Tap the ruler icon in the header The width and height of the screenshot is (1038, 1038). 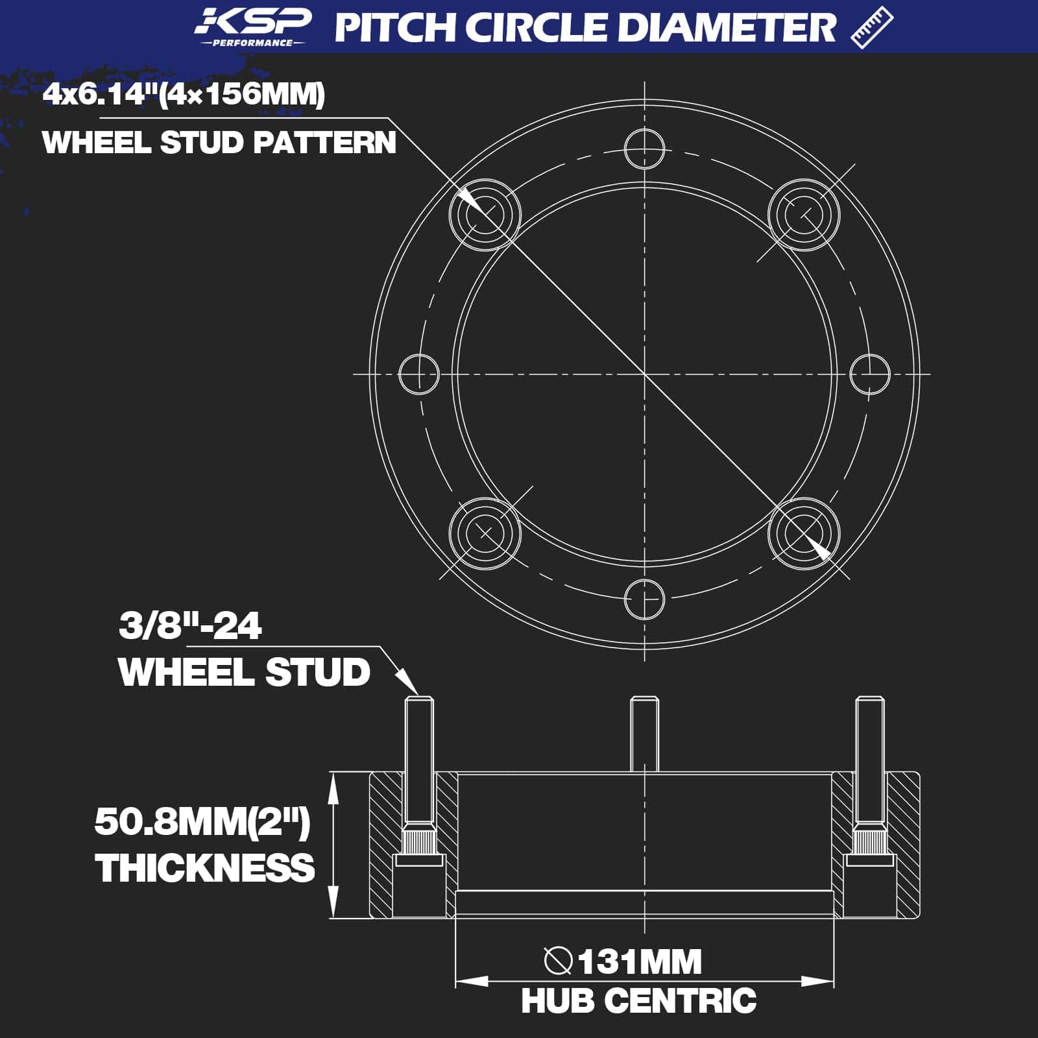tap(871, 27)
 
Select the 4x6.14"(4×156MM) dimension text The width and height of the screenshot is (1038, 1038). tap(184, 95)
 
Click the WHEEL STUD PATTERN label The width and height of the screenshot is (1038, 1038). tap(219, 143)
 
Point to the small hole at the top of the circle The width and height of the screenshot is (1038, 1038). tap(644, 149)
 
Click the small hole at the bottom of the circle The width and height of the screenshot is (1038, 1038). tap(644, 599)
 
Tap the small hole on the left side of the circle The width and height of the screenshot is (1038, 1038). tap(418, 374)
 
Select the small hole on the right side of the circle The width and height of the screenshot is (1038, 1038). tap(869, 374)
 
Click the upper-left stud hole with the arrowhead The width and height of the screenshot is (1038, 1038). tap(485, 214)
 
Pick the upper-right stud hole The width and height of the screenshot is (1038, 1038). tap(804, 214)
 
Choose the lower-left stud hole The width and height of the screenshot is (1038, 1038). tap(485, 533)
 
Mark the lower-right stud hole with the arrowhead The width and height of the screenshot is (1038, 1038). tap(804, 533)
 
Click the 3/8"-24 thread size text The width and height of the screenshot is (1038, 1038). tap(190, 626)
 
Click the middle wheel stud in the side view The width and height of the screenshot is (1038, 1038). tap(644, 733)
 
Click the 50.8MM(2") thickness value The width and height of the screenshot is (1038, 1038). tap(202, 822)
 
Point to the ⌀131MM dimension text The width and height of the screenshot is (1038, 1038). tap(623, 961)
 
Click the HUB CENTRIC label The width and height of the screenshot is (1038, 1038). tap(639, 1001)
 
